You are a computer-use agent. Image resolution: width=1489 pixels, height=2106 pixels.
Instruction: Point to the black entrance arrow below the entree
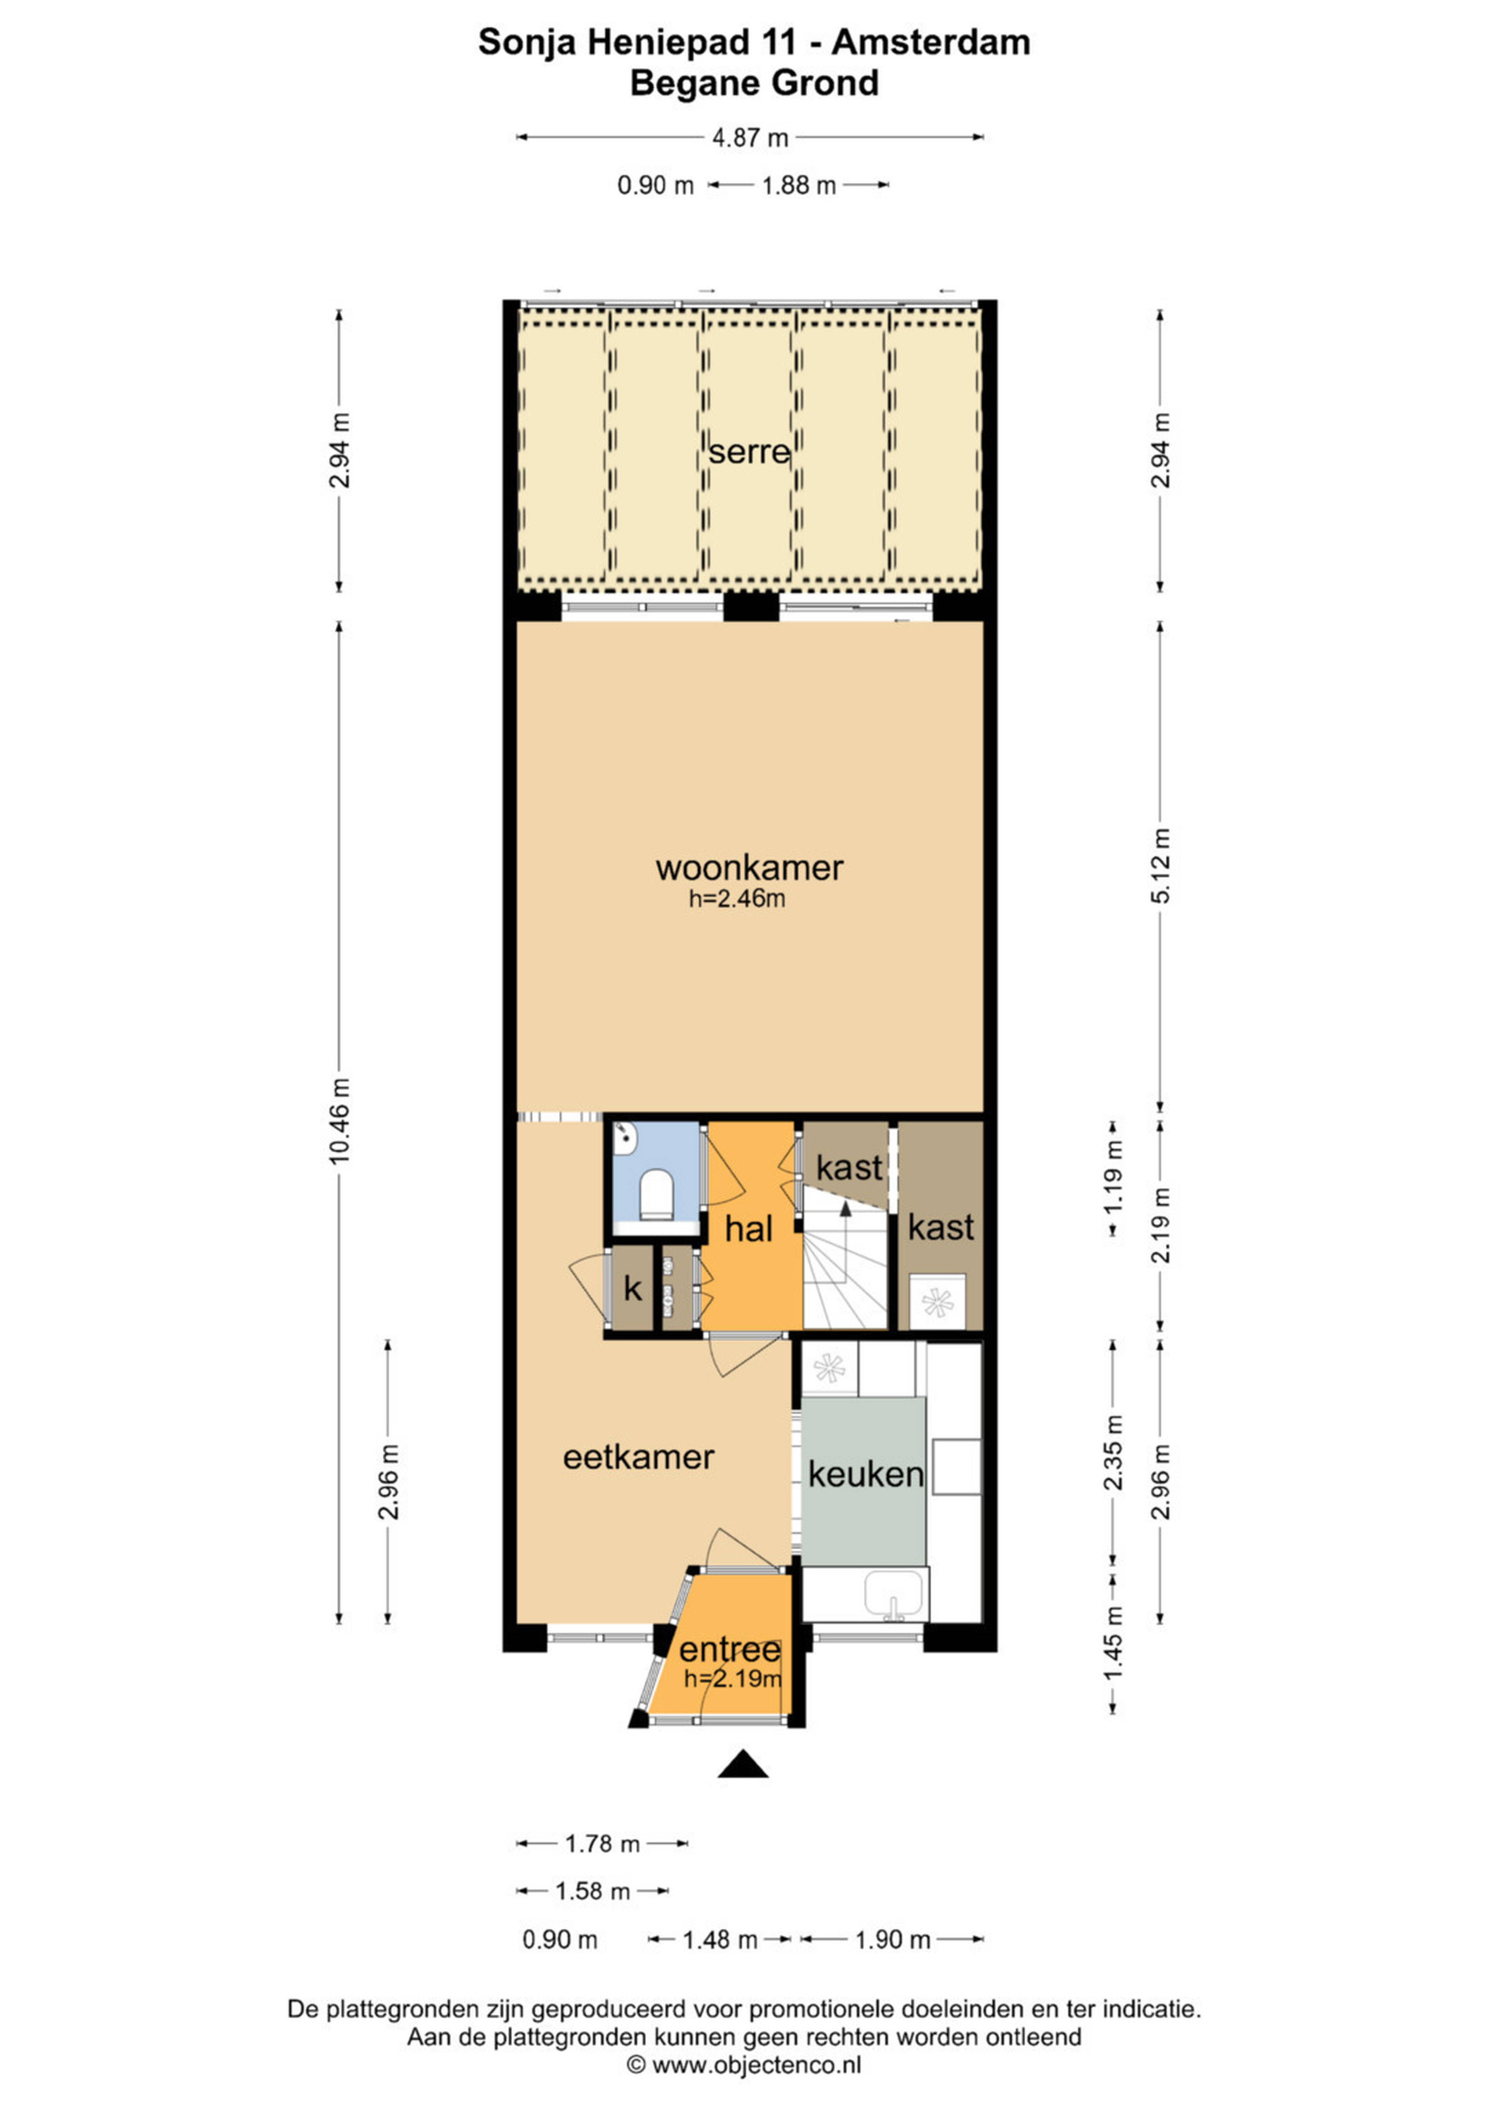point(743,1765)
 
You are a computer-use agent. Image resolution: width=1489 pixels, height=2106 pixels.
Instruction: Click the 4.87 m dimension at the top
point(750,138)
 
